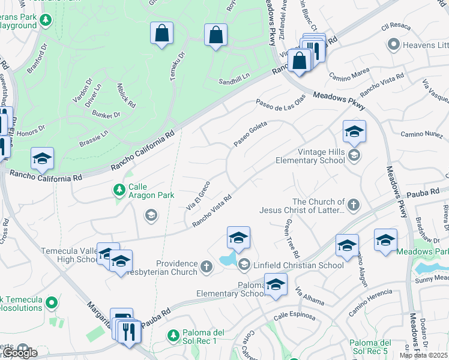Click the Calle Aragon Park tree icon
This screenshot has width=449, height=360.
point(119,190)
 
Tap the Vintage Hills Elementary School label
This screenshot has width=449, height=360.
point(310,157)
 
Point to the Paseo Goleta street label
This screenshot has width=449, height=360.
point(250,133)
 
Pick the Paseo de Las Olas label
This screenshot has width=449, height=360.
point(280,101)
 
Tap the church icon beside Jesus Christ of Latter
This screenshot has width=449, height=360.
point(354,205)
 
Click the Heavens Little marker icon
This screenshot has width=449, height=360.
point(393,44)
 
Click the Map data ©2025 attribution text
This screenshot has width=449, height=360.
point(423,355)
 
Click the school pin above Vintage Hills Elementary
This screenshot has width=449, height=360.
point(354,132)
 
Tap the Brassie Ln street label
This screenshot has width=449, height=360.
point(92,140)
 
